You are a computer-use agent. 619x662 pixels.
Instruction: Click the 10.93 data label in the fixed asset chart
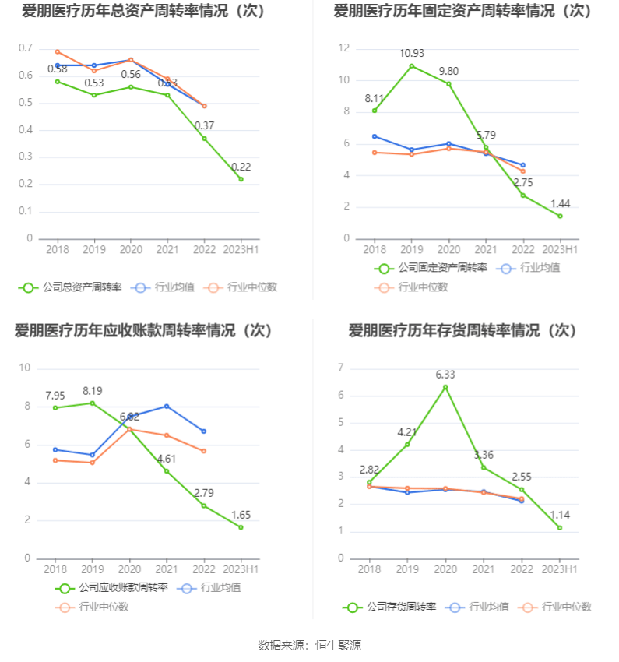412,53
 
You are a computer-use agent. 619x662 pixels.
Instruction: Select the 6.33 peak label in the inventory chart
445,375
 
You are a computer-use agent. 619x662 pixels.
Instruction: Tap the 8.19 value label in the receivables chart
93,391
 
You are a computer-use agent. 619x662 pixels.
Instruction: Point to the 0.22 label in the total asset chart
241,167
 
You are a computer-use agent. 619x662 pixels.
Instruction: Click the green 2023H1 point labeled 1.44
560,216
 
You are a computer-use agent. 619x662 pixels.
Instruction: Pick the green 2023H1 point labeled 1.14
560,528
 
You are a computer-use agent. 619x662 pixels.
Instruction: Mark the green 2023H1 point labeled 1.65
241,527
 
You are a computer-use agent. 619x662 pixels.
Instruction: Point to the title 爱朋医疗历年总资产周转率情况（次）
143,11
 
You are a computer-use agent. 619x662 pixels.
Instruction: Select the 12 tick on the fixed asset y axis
343,48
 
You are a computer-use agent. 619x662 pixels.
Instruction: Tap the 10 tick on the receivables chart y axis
25,368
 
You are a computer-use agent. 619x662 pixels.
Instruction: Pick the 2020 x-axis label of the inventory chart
445,569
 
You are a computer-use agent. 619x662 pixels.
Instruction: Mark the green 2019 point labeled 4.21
407,444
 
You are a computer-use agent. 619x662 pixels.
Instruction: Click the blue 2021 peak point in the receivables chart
167,407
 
